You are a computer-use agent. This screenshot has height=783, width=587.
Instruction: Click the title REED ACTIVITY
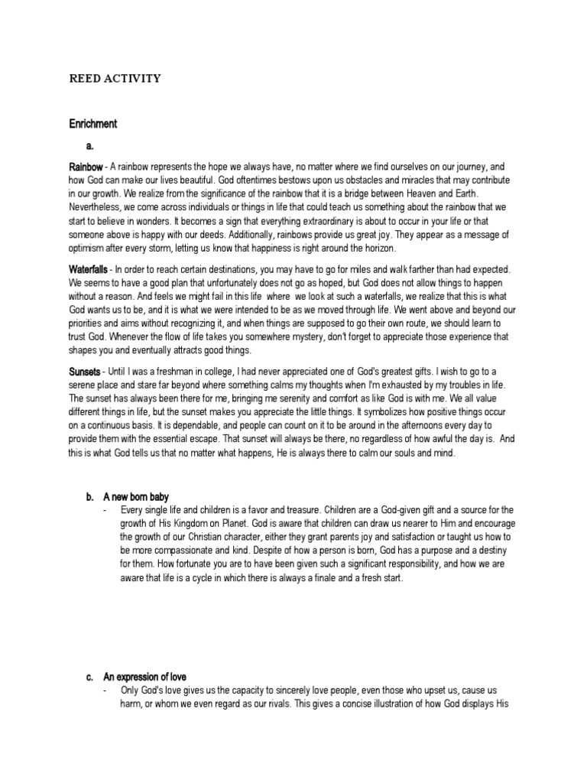[115, 78]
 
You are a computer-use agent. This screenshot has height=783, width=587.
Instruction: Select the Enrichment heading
[92, 123]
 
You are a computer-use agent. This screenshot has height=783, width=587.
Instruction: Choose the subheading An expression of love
[145, 677]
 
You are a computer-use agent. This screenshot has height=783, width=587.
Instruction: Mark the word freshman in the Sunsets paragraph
[165, 371]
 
